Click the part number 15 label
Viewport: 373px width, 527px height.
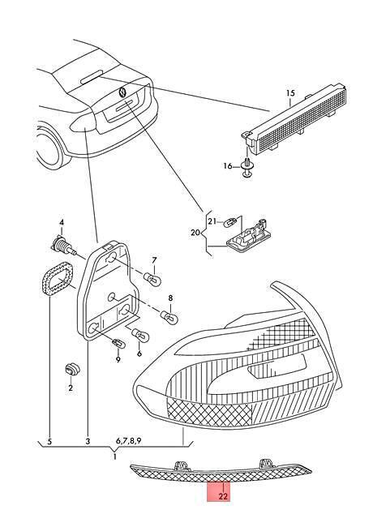click(x=290, y=93)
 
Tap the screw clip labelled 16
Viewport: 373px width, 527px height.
click(x=247, y=167)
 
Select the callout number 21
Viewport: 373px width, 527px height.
click(x=212, y=221)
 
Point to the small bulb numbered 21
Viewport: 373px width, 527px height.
click(x=232, y=222)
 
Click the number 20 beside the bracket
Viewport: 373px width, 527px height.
click(x=195, y=233)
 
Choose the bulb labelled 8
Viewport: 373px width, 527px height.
click(x=169, y=316)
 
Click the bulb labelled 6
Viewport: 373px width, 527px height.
click(x=140, y=335)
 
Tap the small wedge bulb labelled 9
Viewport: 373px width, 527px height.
click(x=118, y=344)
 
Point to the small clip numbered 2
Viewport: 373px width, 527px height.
click(x=72, y=370)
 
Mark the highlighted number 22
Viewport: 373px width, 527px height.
click(x=223, y=495)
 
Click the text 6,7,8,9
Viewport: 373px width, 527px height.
click(x=128, y=440)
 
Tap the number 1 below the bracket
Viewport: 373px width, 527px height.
click(x=114, y=456)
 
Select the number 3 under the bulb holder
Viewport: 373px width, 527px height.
click(x=88, y=441)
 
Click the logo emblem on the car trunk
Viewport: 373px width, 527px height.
click(x=122, y=92)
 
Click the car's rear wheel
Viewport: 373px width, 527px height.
click(x=47, y=148)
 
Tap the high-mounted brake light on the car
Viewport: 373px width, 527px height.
click(x=92, y=77)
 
